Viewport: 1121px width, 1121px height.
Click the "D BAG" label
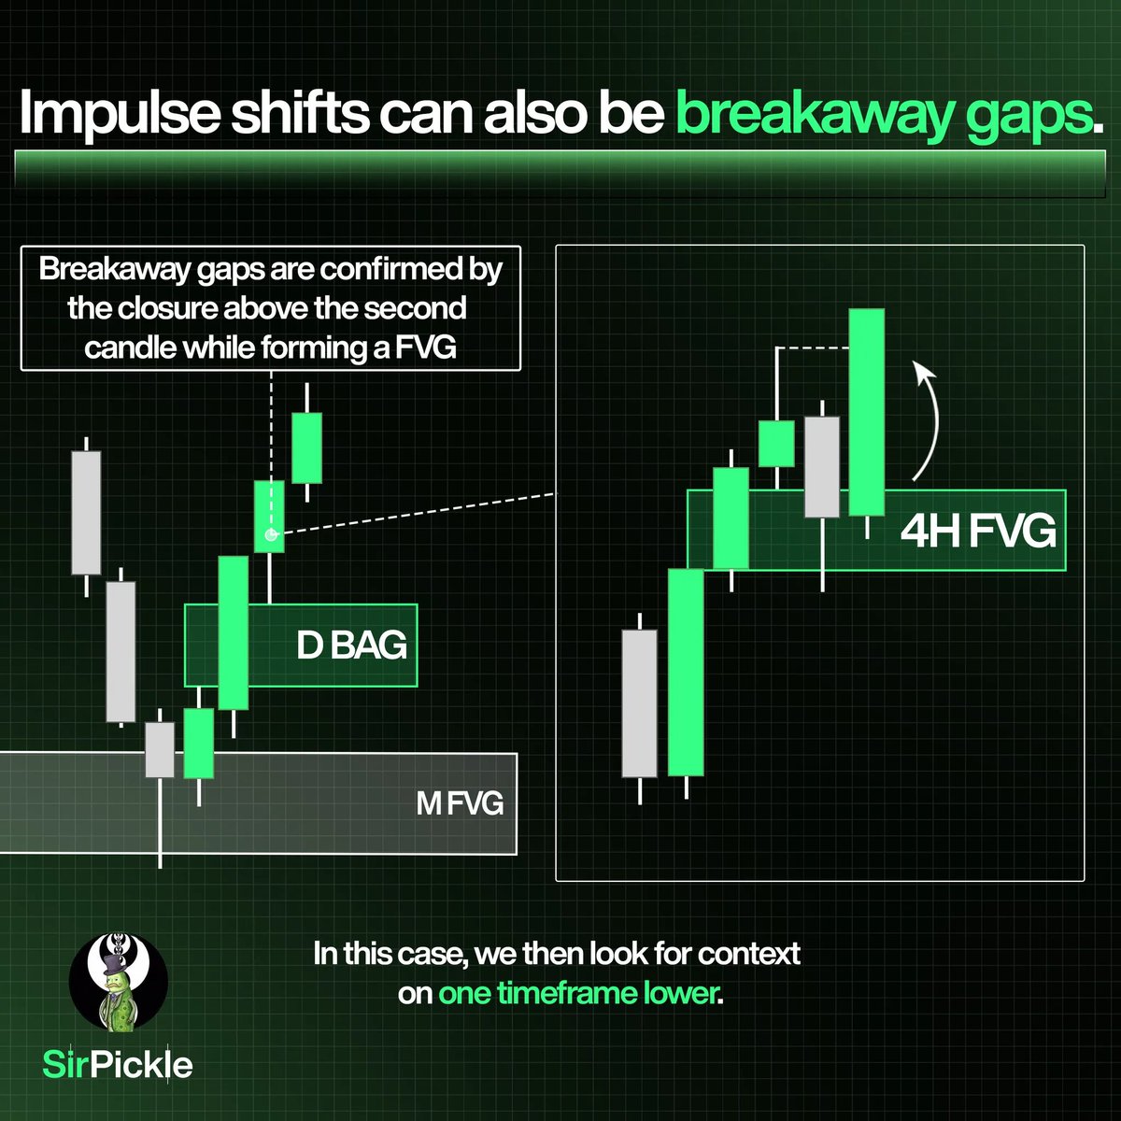coord(352,646)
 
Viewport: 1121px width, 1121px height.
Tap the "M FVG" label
coord(460,803)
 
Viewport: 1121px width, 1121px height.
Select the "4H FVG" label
coord(978,531)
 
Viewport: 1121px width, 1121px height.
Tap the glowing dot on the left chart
coord(270,535)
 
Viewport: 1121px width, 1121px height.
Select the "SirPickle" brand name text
coord(119,1064)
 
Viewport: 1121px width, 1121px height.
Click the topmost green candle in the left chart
coord(306,447)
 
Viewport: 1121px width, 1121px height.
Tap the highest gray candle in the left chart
coord(86,512)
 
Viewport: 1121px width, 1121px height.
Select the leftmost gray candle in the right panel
coord(639,702)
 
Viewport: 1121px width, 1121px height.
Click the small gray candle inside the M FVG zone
coord(160,749)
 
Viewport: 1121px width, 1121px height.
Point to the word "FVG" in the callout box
coord(465,348)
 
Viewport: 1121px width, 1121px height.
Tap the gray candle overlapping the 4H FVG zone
coord(822,465)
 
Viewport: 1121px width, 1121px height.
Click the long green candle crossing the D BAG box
coord(233,632)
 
